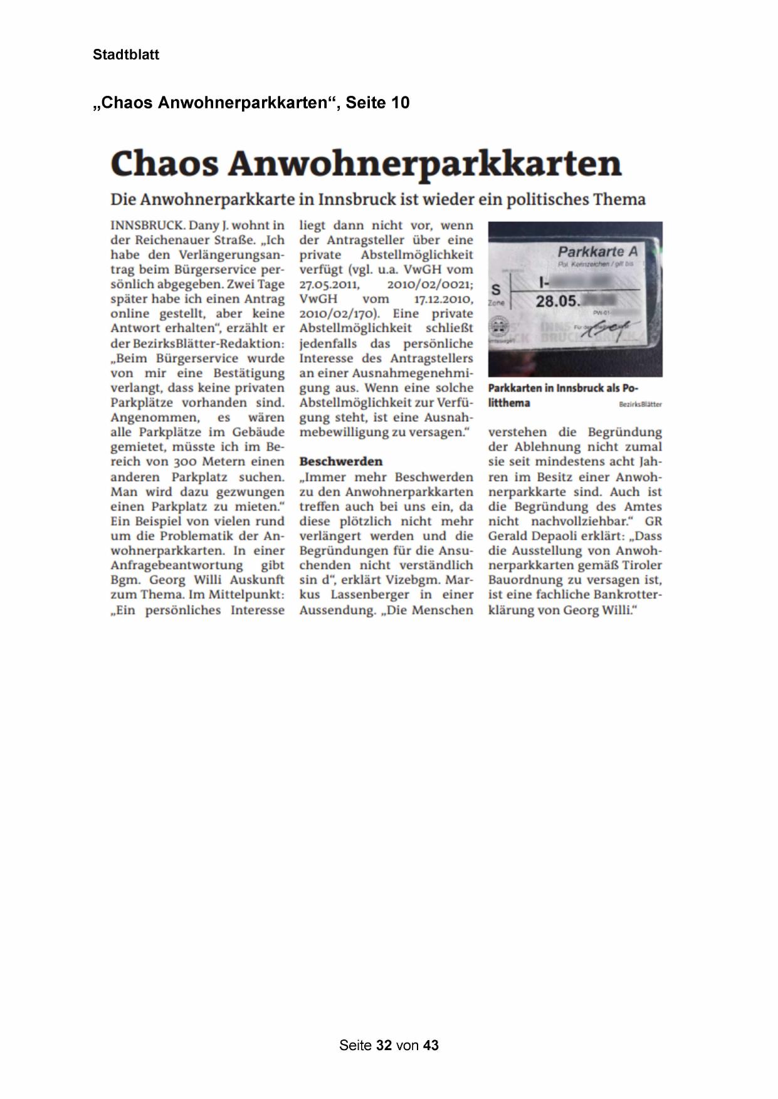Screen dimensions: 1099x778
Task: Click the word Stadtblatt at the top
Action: [126, 55]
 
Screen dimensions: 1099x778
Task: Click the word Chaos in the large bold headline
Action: [164, 164]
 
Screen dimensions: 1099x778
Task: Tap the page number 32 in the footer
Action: [384, 1045]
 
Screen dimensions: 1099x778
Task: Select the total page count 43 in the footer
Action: [431, 1045]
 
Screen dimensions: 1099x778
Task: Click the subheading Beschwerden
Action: [340, 461]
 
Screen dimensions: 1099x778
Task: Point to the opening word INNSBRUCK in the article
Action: [146, 225]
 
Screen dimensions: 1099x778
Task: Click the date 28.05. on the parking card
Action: [557, 301]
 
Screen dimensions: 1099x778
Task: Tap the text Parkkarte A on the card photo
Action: [597, 252]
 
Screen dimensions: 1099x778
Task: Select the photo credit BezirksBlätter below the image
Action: [640, 404]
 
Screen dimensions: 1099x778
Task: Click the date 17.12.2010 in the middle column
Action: [443, 299]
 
